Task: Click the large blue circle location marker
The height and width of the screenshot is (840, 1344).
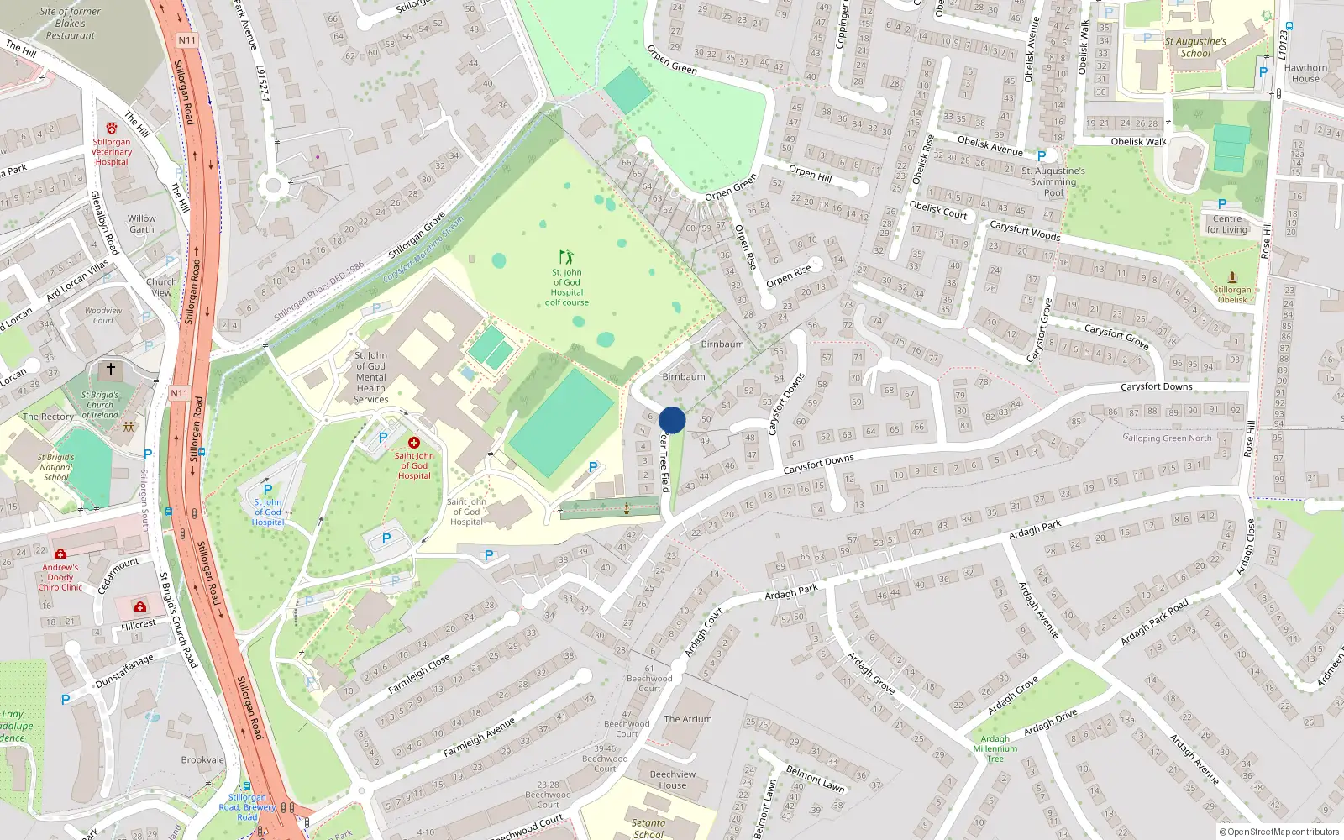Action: pos(672,420)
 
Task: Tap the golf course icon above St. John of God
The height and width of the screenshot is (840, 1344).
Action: pos(567,256)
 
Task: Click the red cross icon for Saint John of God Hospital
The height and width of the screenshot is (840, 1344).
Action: pos(413,443)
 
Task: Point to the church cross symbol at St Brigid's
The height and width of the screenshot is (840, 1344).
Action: pos(110,369)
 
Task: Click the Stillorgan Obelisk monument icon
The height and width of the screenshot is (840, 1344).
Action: pos(1232,277)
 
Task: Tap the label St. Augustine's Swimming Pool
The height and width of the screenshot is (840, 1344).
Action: pos(1053,181)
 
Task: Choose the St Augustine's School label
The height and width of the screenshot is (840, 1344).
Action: pos(1195,47)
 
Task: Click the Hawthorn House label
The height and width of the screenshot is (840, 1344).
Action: pos(1305,73)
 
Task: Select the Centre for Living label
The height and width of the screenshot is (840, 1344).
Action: pos(1227,224)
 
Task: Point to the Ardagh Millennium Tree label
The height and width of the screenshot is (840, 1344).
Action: pos(995,748)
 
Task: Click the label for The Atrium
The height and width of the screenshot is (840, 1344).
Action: pos(688,719)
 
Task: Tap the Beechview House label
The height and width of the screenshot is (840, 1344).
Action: pos(673,780)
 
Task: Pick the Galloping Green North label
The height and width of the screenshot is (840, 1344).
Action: pos(1168,438)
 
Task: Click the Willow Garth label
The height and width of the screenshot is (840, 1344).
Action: pos(142,223)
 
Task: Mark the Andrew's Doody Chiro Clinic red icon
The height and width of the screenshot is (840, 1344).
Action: pos(60,554)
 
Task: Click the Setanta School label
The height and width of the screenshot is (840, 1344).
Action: pos(648,828)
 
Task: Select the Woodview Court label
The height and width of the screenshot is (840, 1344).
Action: pos(103,315)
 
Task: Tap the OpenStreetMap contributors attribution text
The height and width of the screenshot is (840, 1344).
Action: pos(1279,832)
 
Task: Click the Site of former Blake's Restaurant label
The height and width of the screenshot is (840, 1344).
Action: pos(71,24)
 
